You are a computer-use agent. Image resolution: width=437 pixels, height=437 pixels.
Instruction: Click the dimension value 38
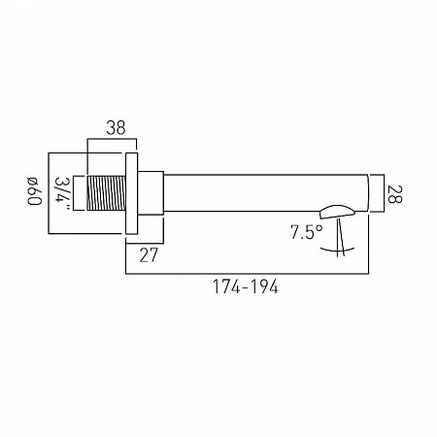[116, 128]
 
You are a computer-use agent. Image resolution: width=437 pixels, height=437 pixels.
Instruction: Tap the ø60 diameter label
[35, 191]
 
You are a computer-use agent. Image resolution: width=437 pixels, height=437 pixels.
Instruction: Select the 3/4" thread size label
[62, 193]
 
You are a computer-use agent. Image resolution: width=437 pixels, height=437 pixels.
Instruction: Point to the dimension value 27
[149, 254]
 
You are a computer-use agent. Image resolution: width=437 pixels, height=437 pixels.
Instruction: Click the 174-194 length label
[246, 286]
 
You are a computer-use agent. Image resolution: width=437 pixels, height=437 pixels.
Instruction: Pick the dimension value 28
[394, 194]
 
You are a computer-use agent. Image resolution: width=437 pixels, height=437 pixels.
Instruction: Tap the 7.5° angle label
[306, 232]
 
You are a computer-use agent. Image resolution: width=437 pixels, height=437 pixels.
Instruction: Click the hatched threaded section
[106, 193]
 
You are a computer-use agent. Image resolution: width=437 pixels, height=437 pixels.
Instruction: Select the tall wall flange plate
[131, 193]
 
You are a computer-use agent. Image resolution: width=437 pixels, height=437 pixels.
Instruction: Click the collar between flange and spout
[151, 193]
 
